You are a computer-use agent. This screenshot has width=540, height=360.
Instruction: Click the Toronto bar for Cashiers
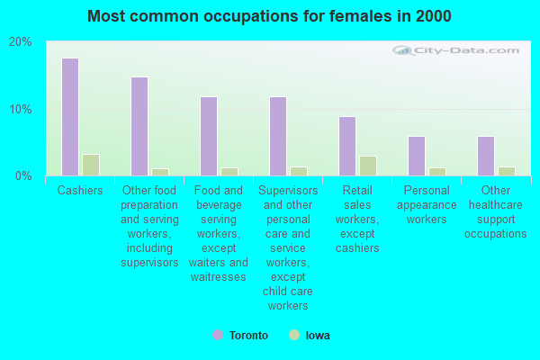(x=70, y=117)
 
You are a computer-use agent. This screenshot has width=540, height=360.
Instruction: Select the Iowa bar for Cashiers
(x=91, y=165)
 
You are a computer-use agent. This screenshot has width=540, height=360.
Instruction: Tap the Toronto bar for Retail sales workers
(x=347, y=147)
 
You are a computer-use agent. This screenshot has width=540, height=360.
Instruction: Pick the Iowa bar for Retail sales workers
(x=368, y=166)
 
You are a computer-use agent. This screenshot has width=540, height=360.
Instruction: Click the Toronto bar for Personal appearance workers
(x=417, y=157)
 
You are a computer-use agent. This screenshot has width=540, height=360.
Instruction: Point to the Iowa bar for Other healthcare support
(x=507, y=172)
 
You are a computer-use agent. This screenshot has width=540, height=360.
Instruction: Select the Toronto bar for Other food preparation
(x=139, y=126)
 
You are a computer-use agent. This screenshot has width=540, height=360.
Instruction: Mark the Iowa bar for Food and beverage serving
(x=229, y=172)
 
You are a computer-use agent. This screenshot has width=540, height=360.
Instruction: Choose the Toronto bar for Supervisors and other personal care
(x=278, y=137)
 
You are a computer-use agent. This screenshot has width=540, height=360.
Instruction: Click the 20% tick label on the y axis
(x=21, y=42)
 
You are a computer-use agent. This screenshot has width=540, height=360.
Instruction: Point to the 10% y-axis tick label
(x=21, y=110)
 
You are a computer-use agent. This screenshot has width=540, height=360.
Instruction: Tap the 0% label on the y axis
(x=23, y=176)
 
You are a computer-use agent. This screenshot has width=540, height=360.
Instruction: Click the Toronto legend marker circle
(x=218, y=335)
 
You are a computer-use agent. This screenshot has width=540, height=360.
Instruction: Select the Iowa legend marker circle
(x=294, y=335)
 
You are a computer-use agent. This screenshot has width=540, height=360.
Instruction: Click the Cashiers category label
(x=80, y=190)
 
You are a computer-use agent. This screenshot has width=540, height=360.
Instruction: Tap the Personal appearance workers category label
(x=427, y=204)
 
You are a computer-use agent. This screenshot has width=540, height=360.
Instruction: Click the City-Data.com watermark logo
(x=456, y=50)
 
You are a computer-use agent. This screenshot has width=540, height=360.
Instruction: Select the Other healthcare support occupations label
(x=496, y=211)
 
